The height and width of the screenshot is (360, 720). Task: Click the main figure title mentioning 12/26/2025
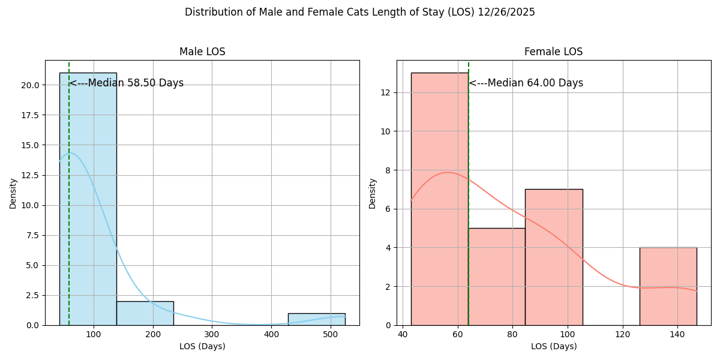tap(360, 12)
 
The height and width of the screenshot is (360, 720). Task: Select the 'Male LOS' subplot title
tap(202, 52)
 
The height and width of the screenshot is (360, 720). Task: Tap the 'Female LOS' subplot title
tap(553, 52)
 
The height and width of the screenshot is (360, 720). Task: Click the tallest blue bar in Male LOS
tap(88, 198)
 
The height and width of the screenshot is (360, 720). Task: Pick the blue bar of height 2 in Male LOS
tap(145, 313)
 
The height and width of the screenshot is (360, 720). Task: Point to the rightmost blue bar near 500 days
tap(316, 319)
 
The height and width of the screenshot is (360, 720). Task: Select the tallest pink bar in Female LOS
tap(439, 198)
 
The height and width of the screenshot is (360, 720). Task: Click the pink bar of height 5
tap(496, 276)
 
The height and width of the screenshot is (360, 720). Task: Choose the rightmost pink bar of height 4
tap(668, 286)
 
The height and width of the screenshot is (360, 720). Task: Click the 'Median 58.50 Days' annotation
tap(127, 83)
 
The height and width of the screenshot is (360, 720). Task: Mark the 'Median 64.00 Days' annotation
tap(526, 83)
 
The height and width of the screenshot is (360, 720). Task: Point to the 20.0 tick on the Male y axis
tap(30, 85)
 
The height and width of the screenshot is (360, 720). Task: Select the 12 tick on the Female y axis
tap(386, 92)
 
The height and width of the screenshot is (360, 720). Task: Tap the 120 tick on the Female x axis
tap(622, 334)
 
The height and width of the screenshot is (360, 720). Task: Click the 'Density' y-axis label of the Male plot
tap(13, 193)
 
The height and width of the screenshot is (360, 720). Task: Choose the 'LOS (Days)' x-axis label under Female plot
tap(553, 346)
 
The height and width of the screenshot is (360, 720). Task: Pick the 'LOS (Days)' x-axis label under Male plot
tap(202, 346)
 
